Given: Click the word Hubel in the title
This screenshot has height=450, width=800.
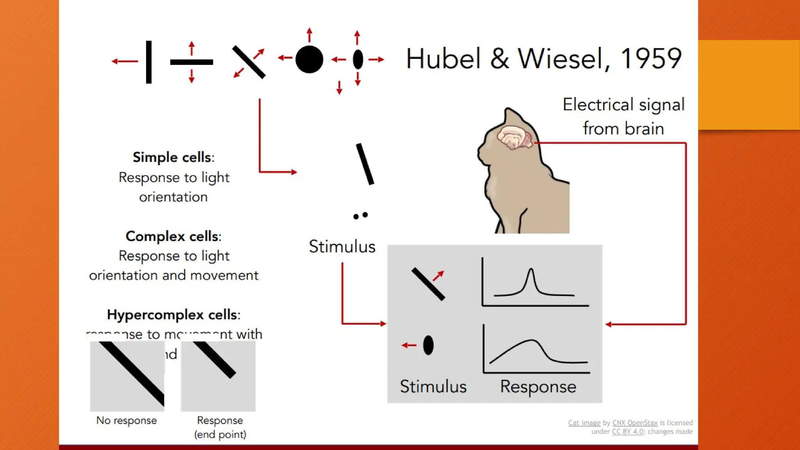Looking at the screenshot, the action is coord(443,59).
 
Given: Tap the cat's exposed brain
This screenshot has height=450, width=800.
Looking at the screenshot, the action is coord(515,137).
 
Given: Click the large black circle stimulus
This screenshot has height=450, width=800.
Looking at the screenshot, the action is coord(309,59).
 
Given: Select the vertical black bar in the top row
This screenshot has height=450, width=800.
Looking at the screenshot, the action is coord(148,62).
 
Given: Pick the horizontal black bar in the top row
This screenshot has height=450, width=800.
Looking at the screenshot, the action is coord(191,62).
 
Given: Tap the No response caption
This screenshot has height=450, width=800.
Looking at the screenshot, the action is coord(126,420).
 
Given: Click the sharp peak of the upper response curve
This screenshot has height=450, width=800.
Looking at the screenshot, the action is coord(530,270).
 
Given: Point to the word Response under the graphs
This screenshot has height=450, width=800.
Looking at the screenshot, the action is coord(538,387).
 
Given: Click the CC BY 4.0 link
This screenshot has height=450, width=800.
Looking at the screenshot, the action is coord(627,432).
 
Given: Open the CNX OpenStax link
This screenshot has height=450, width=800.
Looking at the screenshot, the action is coord(635,423).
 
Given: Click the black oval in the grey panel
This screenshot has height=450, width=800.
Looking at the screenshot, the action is coord(428,345).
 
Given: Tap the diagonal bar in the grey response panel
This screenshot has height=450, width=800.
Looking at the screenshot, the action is coord(428,284).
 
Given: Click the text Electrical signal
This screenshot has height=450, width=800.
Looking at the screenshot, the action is coord(623,105).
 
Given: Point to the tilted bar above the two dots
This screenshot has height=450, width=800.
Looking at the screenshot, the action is coord(365,164).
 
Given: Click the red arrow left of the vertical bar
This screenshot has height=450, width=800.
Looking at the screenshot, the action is coord(125,61).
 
